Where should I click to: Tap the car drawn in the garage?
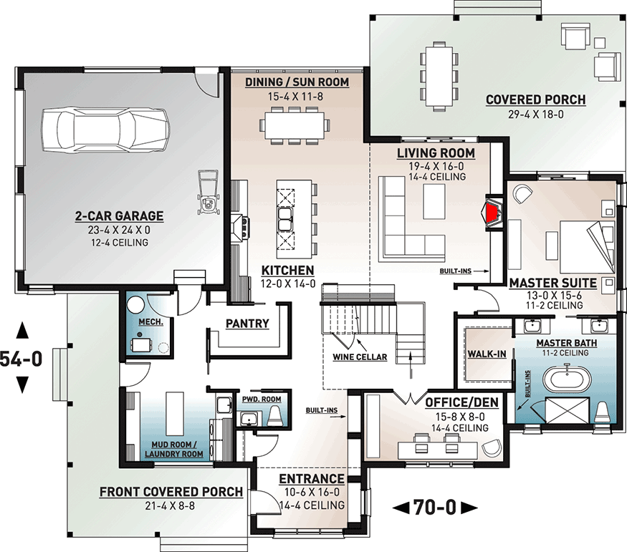(105, 130)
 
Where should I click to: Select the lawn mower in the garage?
(209, 191)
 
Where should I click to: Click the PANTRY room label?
(247, 323)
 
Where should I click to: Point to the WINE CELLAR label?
(360, 357)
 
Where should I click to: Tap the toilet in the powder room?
(274, 416)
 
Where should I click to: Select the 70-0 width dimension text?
(435, 508)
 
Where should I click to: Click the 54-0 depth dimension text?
(21, 358)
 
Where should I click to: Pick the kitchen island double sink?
(284, 219)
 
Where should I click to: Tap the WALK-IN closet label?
(487, 354)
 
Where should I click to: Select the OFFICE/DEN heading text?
(462, 402)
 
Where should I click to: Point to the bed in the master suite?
(587, 246)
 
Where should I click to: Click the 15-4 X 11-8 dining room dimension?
(295, 96)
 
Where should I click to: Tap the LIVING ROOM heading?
(436, 153)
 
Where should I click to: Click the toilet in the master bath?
(601, 412)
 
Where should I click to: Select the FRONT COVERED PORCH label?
(171, 492)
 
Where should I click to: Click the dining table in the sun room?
(295, 125)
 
